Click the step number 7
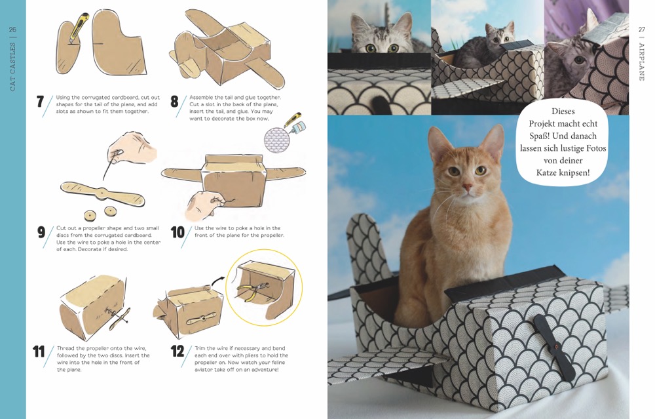(40, 102)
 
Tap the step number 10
(178, 233)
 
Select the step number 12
(177, 351)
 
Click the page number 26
(12, 30)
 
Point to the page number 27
(642, 30)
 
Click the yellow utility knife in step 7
(79, 27)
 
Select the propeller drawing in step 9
(103, 193)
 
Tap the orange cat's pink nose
(467, 186)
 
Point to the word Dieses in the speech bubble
(563, 111)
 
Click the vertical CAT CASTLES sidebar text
(12, 66)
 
